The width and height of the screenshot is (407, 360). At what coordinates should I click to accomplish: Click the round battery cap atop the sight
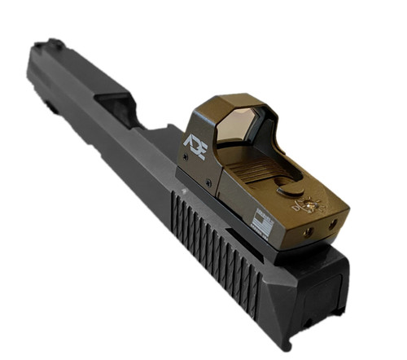coord(291,190)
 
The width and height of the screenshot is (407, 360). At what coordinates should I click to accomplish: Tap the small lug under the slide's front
coord(48,106)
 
